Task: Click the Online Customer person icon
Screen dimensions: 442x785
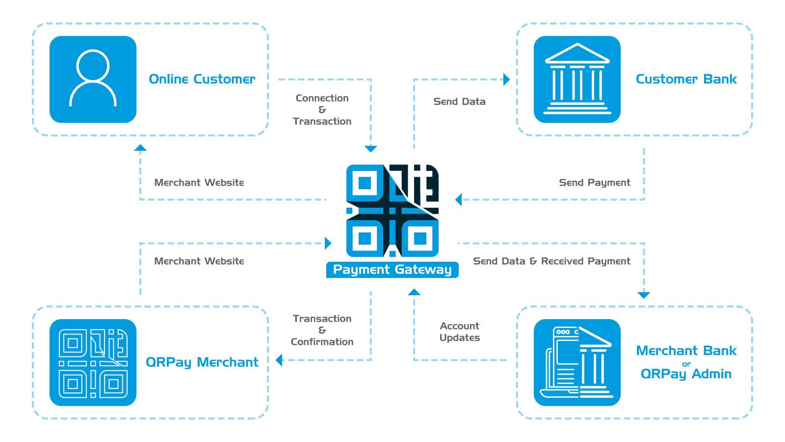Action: pos(93,79)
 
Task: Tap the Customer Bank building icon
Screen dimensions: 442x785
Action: pos(577,79)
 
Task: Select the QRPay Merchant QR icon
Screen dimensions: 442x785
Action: pos(93,362)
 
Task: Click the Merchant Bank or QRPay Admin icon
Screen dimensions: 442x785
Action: pos(577,362)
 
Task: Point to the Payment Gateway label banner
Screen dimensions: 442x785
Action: pos(392,270)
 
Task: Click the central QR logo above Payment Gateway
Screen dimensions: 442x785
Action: pos(392,211)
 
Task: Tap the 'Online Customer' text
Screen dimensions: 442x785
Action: pos(202,79)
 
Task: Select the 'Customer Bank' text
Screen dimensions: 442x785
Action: pos(686,79)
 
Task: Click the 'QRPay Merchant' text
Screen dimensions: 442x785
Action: pos(202,362)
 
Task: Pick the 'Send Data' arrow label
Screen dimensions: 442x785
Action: pos(459,102)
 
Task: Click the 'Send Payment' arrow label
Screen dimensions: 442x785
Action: pos(594,183)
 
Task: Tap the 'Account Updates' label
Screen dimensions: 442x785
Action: pos(459,331)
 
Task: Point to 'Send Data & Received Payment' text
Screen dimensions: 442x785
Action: pos(551,261)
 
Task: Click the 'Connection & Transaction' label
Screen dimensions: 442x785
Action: pos(322,110)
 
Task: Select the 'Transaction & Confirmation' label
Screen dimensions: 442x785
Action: pos(322,330)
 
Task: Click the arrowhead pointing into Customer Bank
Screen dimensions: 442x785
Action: pos(507,80)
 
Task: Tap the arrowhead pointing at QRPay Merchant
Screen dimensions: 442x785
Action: pos(279,360)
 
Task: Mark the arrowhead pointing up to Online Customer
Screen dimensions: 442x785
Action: pos(140,147)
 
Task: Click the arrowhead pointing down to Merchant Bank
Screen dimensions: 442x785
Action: pos(644,295)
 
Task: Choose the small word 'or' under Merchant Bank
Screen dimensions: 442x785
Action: pos(686,364)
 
